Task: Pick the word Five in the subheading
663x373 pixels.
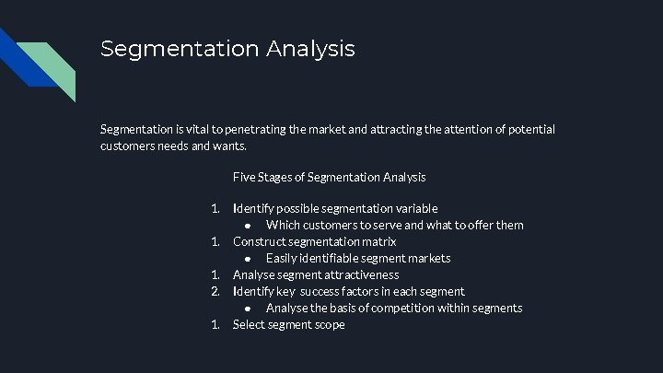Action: [245, 176]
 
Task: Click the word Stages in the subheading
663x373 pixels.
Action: [282, 176]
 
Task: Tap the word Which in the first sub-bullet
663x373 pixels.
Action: [284, 226]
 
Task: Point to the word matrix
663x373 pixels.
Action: [378, 241]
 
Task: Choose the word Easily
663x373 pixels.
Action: [284, 258]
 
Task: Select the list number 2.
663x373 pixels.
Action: [215, 291]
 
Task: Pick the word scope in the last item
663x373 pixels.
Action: [328, 324]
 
